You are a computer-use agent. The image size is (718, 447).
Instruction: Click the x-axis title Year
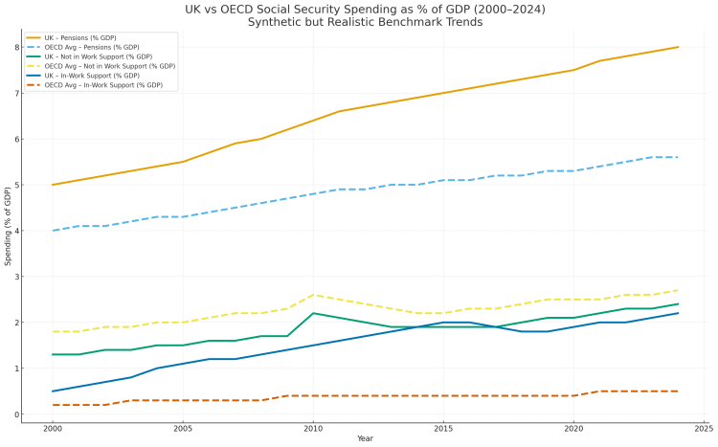pos(365,439)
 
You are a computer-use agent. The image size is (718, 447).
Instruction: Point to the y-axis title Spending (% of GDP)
pos(9,230)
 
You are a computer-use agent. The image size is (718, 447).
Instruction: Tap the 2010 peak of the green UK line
pos(313,313)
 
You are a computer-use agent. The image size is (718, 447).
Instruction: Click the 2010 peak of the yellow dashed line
pos(313,295)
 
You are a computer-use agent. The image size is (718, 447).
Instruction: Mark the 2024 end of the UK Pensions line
pos(678,47)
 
